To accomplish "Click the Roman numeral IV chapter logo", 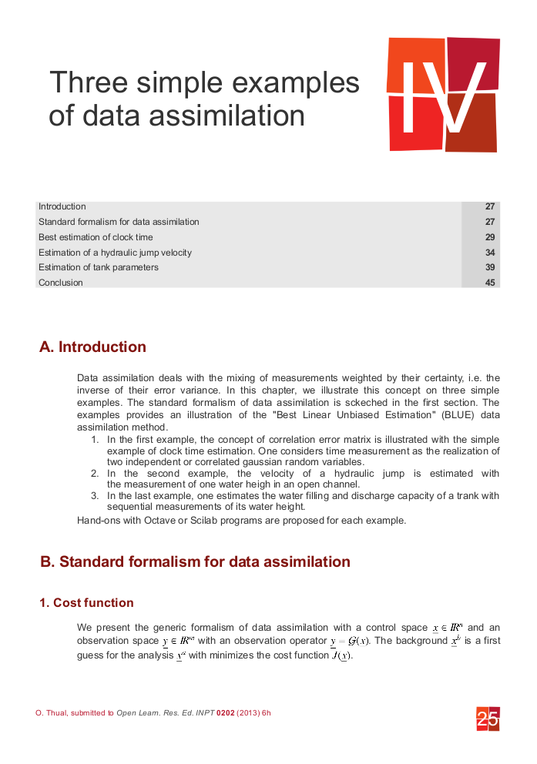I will [x=443, y=94].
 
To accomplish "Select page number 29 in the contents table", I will [x=490, y=237].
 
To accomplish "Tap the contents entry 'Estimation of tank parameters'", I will [x=99, y=267].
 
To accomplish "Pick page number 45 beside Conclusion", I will [x=490, y=283].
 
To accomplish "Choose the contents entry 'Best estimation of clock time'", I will [x=96, y=237].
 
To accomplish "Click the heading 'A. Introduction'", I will [x=92, y=347].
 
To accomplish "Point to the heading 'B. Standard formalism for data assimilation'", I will [x=195, y=561].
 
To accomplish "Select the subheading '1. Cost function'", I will [x=86, y=602].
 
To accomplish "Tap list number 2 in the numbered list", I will [x=95, y=474].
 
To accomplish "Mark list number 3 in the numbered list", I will [x=95, y=496].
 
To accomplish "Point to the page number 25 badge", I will [x=488, y=719].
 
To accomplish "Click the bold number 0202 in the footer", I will [x=226, y=713].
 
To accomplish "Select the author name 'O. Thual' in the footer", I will [x=52, y=713].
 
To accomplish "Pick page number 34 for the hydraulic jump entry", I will [x=490, y=253].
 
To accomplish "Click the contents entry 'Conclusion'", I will [x=61, y=283].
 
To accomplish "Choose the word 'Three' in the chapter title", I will [x=87, y=82].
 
